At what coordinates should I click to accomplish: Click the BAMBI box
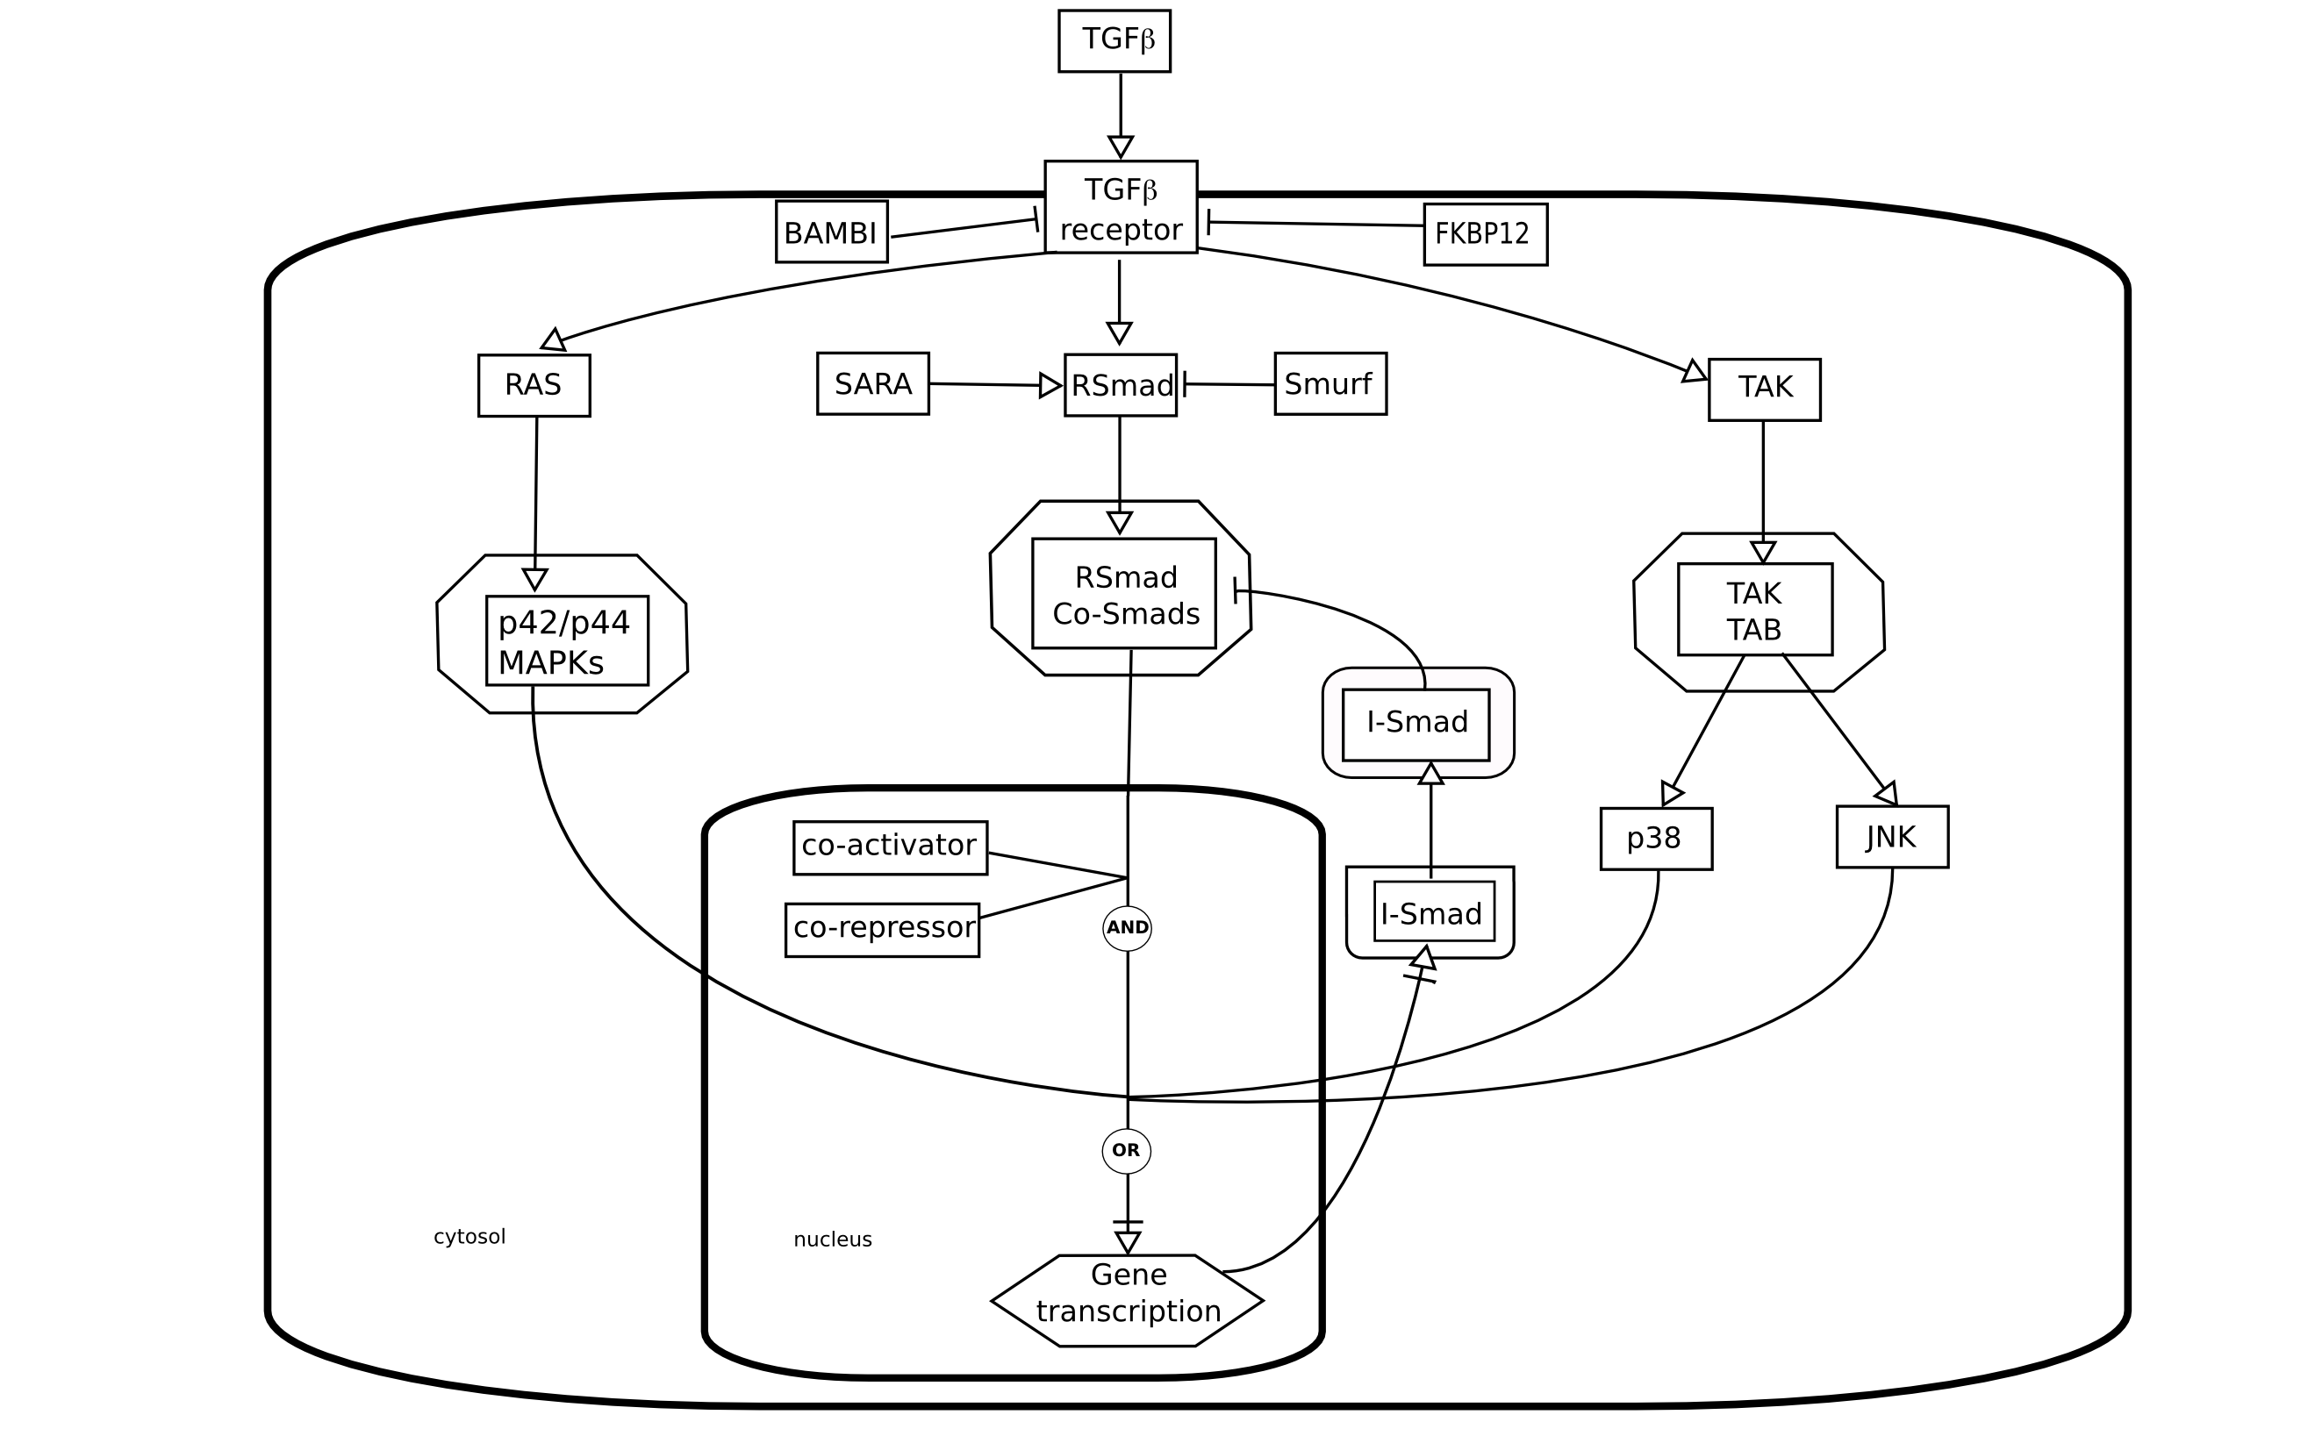[x=831, y=232]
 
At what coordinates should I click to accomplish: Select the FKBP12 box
[x=1485, y=234]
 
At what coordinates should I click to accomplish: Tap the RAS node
[x=534, y=386]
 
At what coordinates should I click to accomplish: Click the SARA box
[x=872, y=383]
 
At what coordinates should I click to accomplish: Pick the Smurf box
[x=1330, y=383]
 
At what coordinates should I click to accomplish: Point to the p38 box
[x=1656, y=839]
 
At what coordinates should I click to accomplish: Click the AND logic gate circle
[x=1127, y=928]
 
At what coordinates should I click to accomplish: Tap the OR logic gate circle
[x=1126, y=1150]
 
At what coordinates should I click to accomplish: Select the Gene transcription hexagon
[x=1127, y=1300]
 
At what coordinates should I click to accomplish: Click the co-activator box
[x=890, y=847]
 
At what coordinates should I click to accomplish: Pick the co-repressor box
[x=882, y=930]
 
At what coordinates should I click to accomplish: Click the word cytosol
[x=469, y=1236]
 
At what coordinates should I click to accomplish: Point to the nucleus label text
[x=832, y=1239]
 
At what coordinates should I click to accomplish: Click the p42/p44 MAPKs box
[x=567, y=640]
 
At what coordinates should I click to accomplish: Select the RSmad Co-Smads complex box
[x=1124, y=595]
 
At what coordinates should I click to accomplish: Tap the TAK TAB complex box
[x=1754, y=610]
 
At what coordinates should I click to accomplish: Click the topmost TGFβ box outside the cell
[x=1114, y=40]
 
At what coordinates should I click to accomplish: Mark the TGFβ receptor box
[x=1120, y=207]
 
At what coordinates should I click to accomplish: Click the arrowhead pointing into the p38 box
[x=1671, y=792]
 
